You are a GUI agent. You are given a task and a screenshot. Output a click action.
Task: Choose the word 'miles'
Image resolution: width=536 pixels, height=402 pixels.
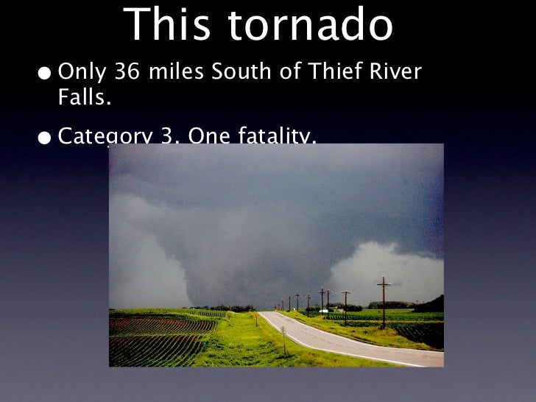click(x=181, y=74)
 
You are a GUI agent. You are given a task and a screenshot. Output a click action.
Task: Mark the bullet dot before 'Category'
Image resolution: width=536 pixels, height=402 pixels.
click(x=46, y=138)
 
